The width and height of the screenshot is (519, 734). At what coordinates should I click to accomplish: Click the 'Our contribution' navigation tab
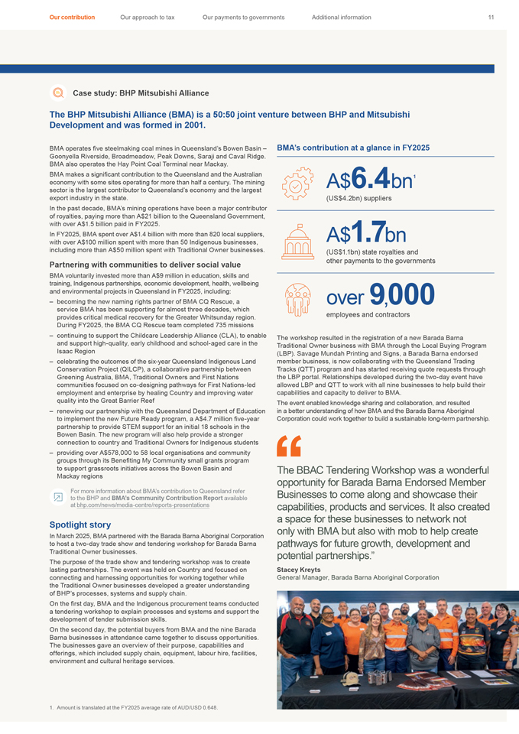click(x=72, y=17)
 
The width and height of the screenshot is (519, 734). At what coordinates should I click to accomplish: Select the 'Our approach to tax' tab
click(x=148, y=17)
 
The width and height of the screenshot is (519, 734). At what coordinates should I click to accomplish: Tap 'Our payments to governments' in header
click(x=243, y=17)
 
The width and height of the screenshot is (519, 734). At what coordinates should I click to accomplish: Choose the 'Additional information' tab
click(x=342, y=17)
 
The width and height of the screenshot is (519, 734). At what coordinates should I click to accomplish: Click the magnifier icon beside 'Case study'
click(x=56, y=93)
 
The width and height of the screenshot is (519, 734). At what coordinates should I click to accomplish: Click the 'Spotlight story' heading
click(x=80, y=525)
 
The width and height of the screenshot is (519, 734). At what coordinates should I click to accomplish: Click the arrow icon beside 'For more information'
click(x=57, y=497)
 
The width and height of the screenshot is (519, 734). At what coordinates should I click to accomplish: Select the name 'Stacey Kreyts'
click(x=300, y=570)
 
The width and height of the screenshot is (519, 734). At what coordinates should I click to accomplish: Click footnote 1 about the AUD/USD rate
click(x=133, y=707)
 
